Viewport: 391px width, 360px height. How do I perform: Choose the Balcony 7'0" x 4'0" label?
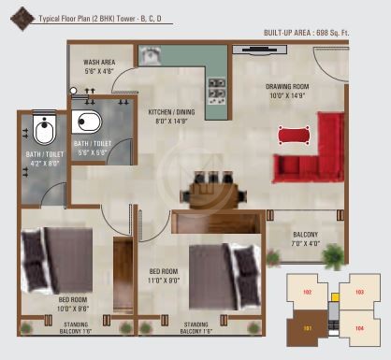[x=305, y=238]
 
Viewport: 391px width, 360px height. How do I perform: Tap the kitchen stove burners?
[x=216, y=89]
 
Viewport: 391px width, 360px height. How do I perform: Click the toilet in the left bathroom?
[x=44, y=128]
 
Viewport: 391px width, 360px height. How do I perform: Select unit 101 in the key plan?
[x=307, y=328]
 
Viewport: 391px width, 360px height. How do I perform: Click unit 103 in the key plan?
[x=359, y=292]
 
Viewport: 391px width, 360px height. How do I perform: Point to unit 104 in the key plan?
[x=359, y=328]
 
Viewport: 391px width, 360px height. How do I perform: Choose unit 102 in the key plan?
[x=307, y=292]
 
